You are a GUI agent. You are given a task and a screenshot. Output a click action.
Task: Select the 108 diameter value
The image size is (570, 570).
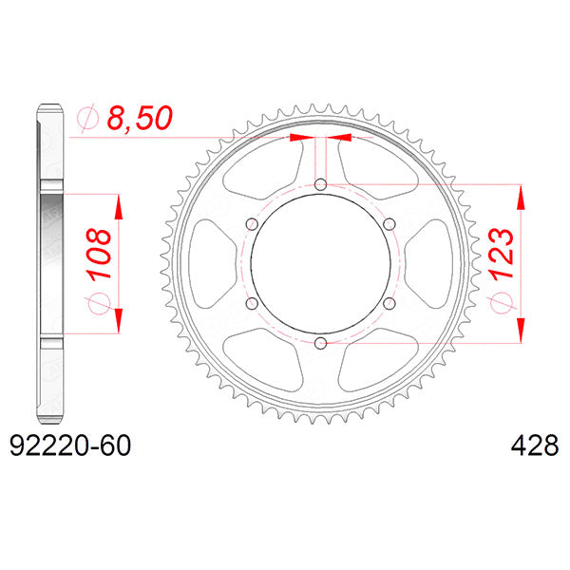(100, 253)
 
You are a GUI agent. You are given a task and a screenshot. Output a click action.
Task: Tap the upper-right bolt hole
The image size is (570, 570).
(389, 223)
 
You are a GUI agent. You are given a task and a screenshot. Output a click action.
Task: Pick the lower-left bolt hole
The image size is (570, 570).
(252, 303)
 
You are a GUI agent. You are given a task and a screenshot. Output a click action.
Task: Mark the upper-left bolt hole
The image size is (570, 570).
(252, 223)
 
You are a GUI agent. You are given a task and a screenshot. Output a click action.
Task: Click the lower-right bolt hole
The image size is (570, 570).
(389, 303)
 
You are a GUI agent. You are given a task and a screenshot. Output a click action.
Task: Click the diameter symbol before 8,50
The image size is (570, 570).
(85, 119)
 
